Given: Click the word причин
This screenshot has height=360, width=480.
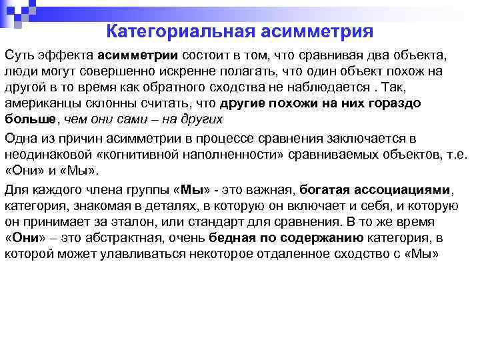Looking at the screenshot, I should click(99, 139).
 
